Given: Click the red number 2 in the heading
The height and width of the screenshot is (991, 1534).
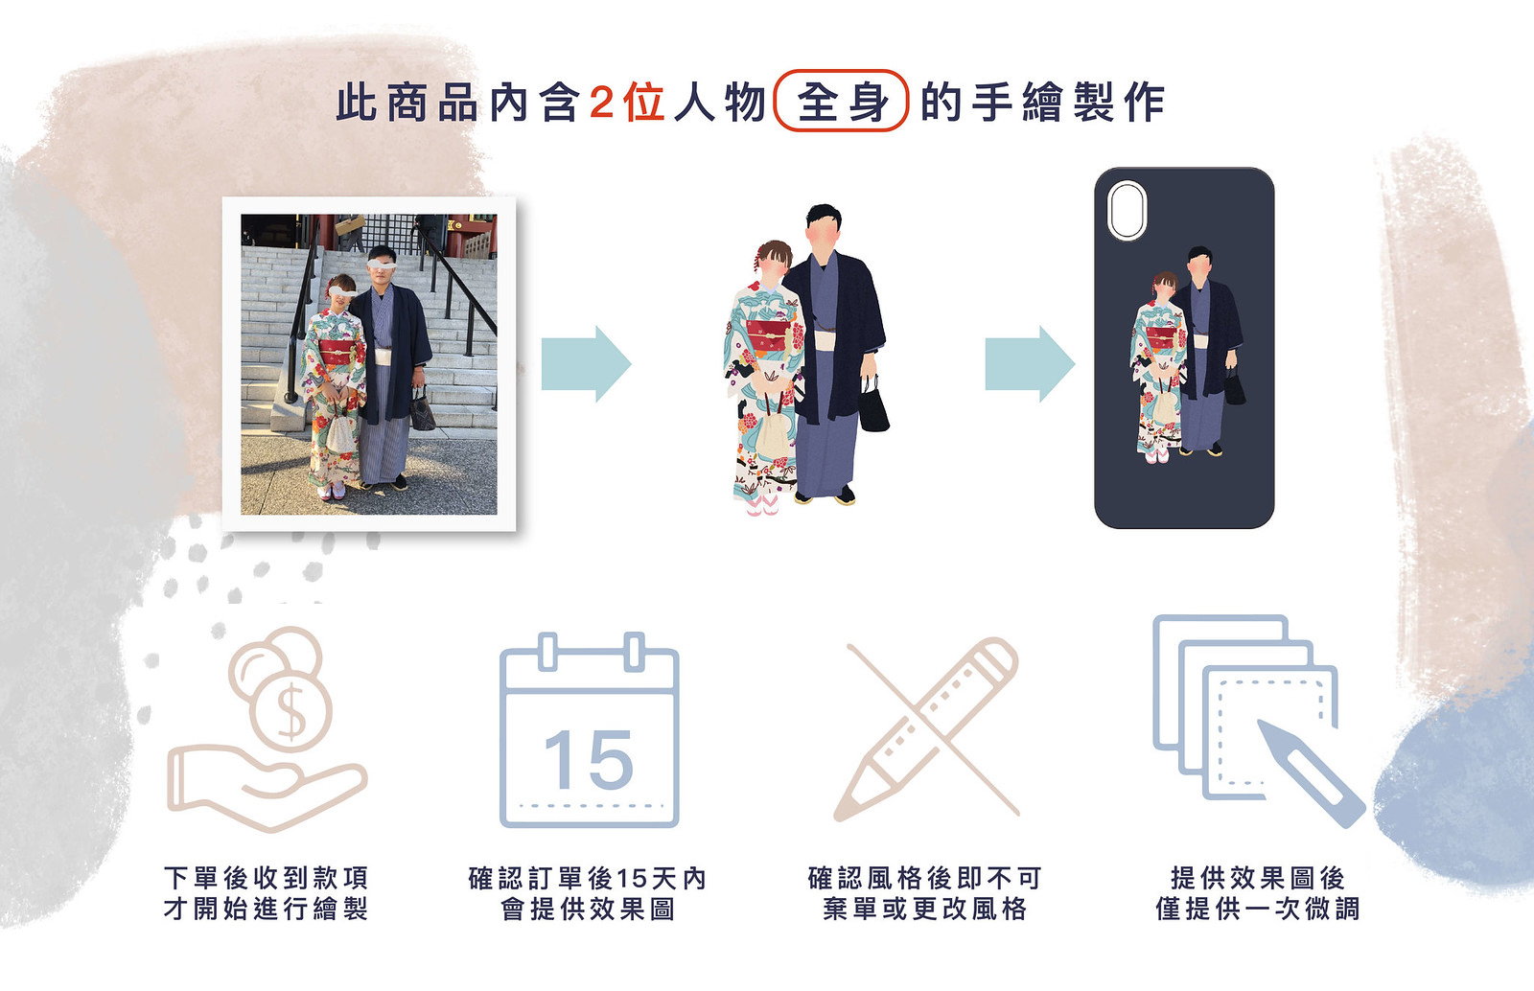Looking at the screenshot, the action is (601, 103).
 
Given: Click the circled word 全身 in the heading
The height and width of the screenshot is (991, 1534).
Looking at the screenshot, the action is (842, 102).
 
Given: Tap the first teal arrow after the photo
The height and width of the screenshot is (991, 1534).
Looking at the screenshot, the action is (586, 363).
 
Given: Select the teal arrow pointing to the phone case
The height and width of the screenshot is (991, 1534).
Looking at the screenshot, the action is (1030, 363).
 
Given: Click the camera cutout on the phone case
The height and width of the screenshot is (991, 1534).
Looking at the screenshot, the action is (1127, 210).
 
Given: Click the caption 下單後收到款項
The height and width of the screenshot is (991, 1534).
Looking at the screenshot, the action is (267, 877).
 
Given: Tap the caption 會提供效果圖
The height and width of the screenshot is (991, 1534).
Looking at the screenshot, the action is (589, 909).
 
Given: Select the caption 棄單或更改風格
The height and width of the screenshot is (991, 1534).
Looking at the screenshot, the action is (925, 909).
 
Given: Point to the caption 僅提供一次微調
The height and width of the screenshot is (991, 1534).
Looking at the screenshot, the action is (1258, 909).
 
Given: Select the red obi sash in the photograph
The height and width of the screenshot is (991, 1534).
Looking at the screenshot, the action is (337, 353).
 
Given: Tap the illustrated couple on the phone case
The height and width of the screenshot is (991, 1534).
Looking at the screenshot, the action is (1188, 355).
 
